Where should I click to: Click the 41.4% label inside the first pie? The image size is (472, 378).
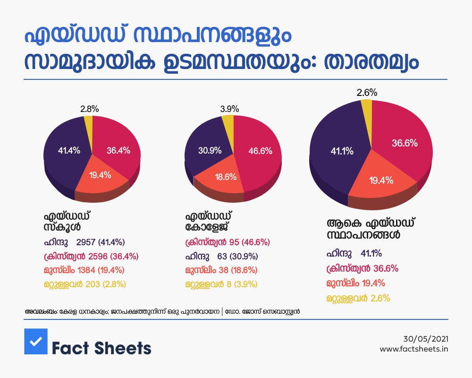[69, 150]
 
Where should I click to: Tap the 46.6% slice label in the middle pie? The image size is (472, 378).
[261, 151]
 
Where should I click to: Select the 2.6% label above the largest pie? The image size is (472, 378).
[367, 93]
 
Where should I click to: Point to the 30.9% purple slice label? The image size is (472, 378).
[210, 150]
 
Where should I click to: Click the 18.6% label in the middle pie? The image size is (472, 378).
[226, 177]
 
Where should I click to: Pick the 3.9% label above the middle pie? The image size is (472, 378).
[229, 109]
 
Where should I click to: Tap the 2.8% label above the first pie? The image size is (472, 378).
[89, 109]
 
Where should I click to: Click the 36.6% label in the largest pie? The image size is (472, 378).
[405, 143]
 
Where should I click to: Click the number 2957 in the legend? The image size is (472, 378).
[86, 242]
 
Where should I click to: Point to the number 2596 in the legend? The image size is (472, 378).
[98, 256]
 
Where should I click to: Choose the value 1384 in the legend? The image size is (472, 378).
[86, 270]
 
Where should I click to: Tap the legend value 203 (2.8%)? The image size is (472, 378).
[106, 284]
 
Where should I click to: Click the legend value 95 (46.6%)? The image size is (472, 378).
[250, 242]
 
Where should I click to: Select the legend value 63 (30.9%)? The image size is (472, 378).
[238, 256]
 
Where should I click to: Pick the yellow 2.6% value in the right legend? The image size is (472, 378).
[380, 299]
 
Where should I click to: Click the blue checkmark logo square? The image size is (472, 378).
[36, 341]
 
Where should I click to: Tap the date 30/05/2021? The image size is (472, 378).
[426, 339]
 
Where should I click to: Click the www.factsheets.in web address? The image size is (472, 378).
[414, 349]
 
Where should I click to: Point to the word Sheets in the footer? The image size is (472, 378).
[123, 348]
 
